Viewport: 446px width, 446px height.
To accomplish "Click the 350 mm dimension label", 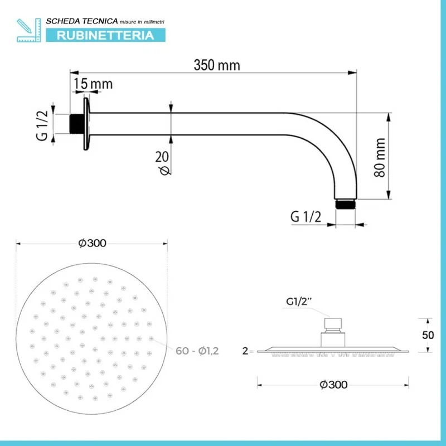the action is click(217, 65).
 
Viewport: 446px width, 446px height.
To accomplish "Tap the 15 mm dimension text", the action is click(93, 84).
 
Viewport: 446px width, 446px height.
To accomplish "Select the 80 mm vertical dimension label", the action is click(380, 158).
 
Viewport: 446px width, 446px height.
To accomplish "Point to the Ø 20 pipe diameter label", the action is click(163, 163).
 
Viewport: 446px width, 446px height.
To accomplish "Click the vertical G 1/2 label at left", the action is click(42, 125).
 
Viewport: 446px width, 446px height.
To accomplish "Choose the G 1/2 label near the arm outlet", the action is click(306, 217).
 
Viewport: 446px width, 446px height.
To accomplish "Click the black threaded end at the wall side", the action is click(76, 124).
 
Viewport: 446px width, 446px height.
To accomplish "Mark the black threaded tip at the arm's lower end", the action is click(345, 204).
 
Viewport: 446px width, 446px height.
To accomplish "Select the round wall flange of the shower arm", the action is click(86, 124).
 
